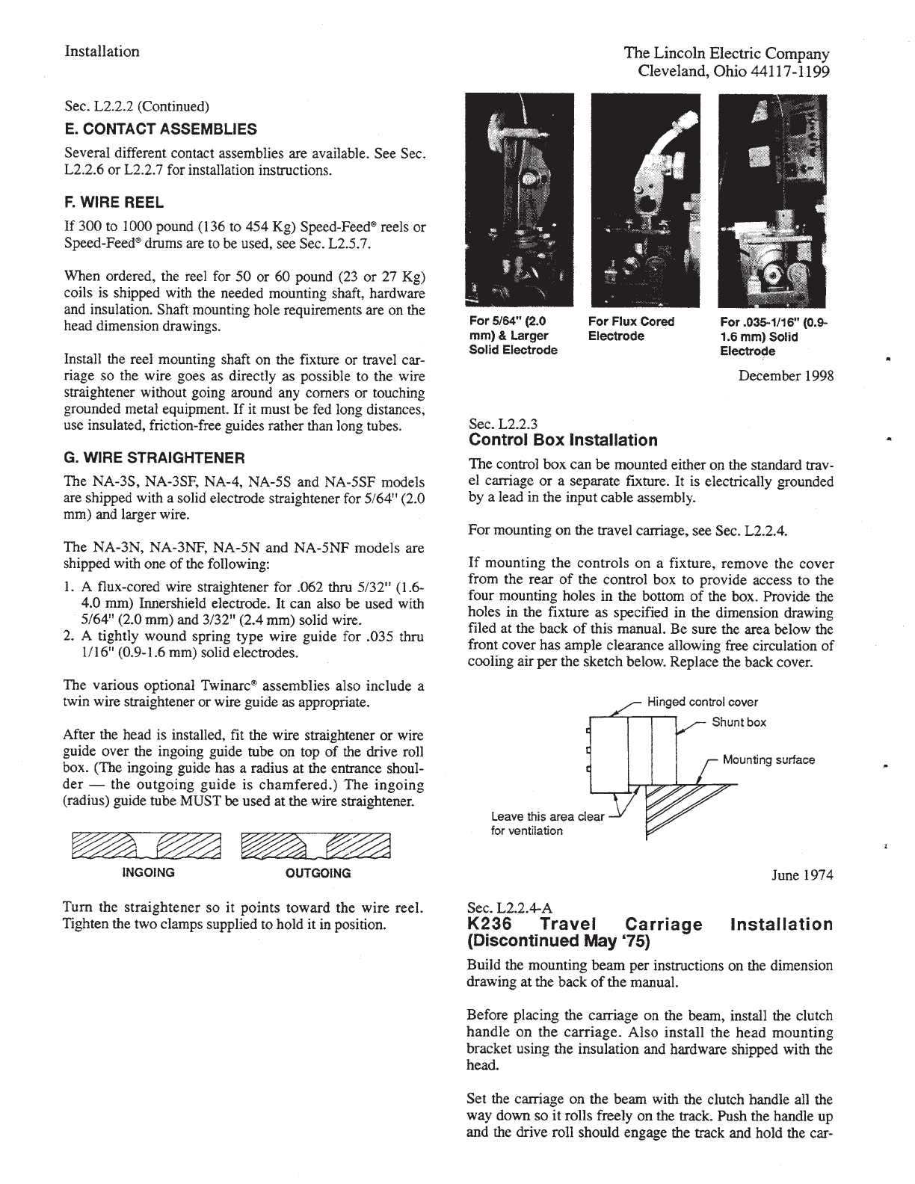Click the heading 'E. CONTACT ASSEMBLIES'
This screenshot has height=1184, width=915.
coord(161,129)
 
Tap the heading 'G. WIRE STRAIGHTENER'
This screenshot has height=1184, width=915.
coord(155,457)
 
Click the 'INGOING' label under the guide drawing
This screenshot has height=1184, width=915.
coord(148,872)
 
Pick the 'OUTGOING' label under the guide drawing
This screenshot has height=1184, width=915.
coord(318,872)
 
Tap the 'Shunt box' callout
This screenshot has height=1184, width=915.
coord(739,721)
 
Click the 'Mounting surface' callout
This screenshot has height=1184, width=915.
coord(768,759)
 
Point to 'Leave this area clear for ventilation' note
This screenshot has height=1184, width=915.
coord(546,823)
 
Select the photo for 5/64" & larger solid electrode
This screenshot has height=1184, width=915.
coord(519,200)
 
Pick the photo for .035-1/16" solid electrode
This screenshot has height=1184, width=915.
coord(772,200)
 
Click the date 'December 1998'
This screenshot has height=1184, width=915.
coord(786,375)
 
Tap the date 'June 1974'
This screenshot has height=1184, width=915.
coord(802,875)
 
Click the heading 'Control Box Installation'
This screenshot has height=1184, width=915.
coord(562,440)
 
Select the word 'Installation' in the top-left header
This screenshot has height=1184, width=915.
coord(102,52)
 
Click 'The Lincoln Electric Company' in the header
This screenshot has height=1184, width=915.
coord(727,54)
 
